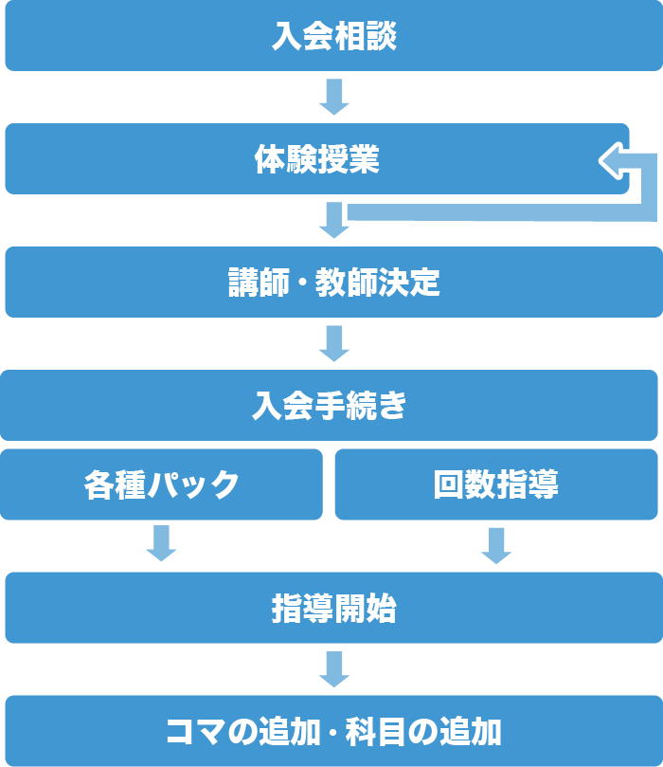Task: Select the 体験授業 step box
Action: point(316,158)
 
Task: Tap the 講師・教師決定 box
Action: point(333,282)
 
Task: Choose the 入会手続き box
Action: point(329,405)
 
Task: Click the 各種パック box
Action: point(161,484)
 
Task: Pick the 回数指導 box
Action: point(496,484)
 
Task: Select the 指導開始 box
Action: point(333,608)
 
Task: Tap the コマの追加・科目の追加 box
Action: point(333,731)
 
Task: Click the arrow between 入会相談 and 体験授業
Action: point(333,97)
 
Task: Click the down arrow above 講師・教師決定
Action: point(333,220)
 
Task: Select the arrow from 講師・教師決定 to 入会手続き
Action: point(333,343)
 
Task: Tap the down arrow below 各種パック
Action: point(161,544)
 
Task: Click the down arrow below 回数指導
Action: point(496,544)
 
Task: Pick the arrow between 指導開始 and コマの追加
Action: point(333,669)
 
